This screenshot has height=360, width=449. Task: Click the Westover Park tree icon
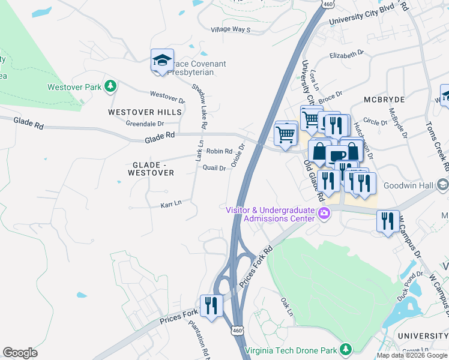click(x=110, y=87)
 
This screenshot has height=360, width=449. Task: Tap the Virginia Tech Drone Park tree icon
click(x=345, y=349)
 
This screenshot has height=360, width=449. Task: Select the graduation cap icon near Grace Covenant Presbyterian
click(x=162, y=61)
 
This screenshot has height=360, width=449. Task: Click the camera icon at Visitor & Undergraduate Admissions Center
click(x=325, y=213)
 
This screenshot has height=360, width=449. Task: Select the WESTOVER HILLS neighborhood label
click(x=145, y=112)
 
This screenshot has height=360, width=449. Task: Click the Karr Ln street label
click(x=170, y=205)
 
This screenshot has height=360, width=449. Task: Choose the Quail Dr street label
click(x=214, y=169)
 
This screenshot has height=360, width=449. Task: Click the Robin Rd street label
click(x=219, y=151)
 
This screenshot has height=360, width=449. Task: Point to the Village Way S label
click(x=230, y=29)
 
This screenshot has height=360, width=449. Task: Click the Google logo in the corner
click(x=20, y=353)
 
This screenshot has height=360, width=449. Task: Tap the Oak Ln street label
click(x=287, y=306)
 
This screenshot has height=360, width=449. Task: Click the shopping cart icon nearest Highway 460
click(x=286, y=133)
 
